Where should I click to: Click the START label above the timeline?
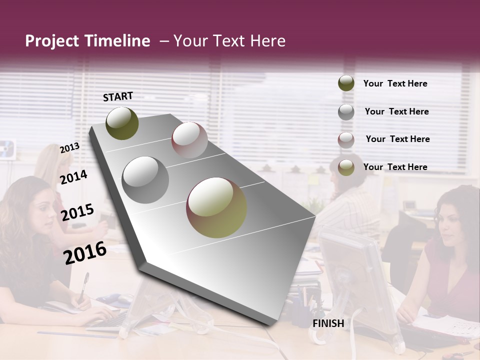coord(118,96)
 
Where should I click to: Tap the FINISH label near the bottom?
coord(328,323)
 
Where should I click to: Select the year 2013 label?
coord(69,148)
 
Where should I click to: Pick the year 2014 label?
coord(73,177)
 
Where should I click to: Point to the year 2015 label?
coord(77,212)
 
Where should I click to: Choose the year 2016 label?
coord(85,252)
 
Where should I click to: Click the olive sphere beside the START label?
coord(122,123)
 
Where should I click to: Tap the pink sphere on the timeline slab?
coord(189,140)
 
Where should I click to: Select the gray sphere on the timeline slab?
coord(145,179)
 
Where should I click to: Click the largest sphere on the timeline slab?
coord(216,207)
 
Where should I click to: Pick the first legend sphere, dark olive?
coord(346,83)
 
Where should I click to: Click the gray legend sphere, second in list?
coord(346,112)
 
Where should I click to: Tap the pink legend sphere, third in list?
coord(346,140)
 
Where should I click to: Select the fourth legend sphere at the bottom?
coord(346,167)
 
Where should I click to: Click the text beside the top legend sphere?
coord(395,83)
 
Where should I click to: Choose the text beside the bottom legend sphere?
coord(395,167)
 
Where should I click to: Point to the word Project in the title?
coord(52,41)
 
